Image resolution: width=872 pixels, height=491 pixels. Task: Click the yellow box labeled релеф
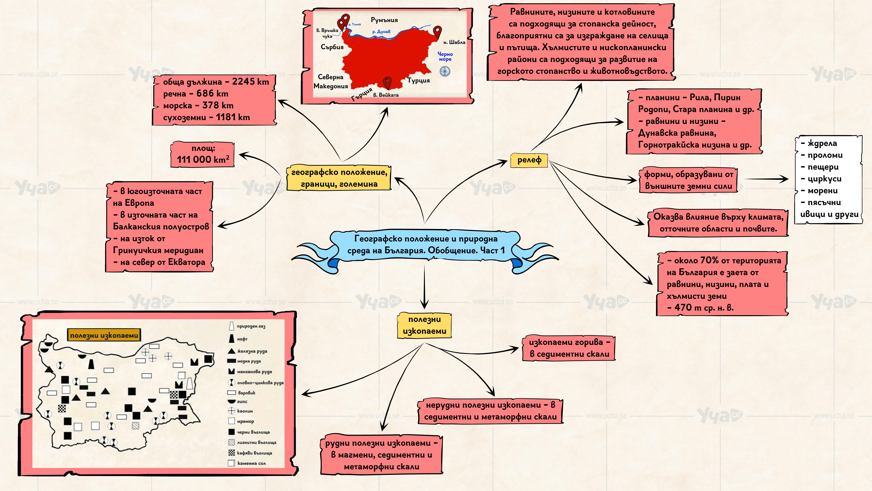coord(529,160)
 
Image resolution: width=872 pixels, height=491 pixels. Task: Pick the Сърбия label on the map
coord(332,47)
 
